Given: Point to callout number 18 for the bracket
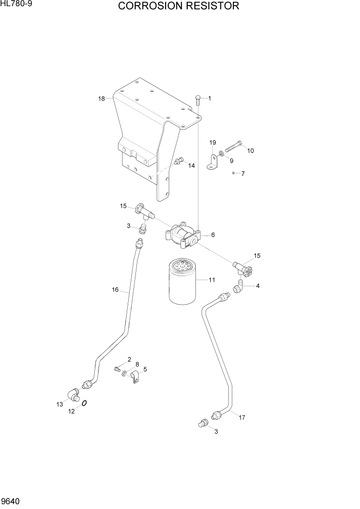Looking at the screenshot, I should (102, 98).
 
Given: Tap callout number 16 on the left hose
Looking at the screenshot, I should (115, 290).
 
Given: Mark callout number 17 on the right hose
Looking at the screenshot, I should (242, 417).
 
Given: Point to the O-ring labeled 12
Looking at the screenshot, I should (84, 404).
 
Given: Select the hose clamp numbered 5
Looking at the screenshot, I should (134, 380).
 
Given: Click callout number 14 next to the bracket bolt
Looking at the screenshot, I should (191, 166).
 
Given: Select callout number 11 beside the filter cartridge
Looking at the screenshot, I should (211, 280).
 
